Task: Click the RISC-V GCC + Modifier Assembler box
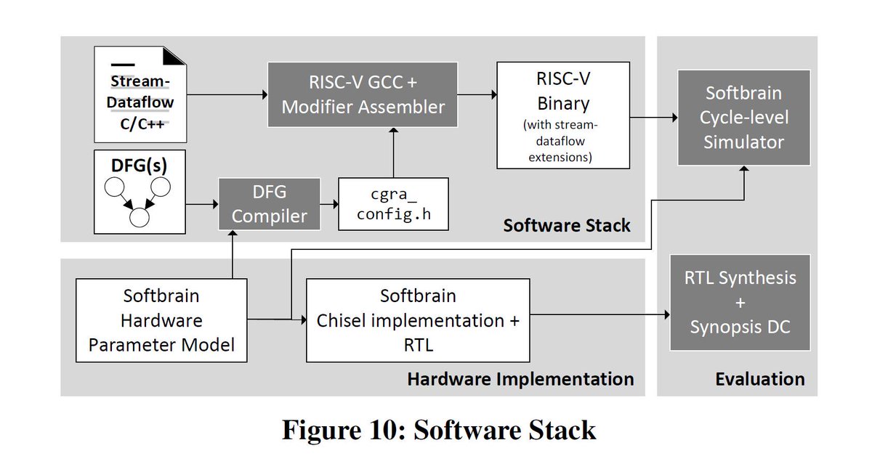[x=363, y=94]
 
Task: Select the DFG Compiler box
[x=270, y=205]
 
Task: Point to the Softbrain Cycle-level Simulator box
[x=744, y=118]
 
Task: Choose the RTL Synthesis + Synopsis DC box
[x=740, y=302]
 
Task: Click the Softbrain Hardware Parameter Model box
[x=161, y=319]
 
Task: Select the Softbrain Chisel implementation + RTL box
[x=418, y=319]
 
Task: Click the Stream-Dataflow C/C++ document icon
[x=140, y=94]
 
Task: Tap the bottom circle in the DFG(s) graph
[x=139, y=216]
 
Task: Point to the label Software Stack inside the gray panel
[x=566, y=225]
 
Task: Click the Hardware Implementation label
[x=520, y=379]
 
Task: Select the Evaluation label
[x=759, y=379]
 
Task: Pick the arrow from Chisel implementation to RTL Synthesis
[x=599, y=314]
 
